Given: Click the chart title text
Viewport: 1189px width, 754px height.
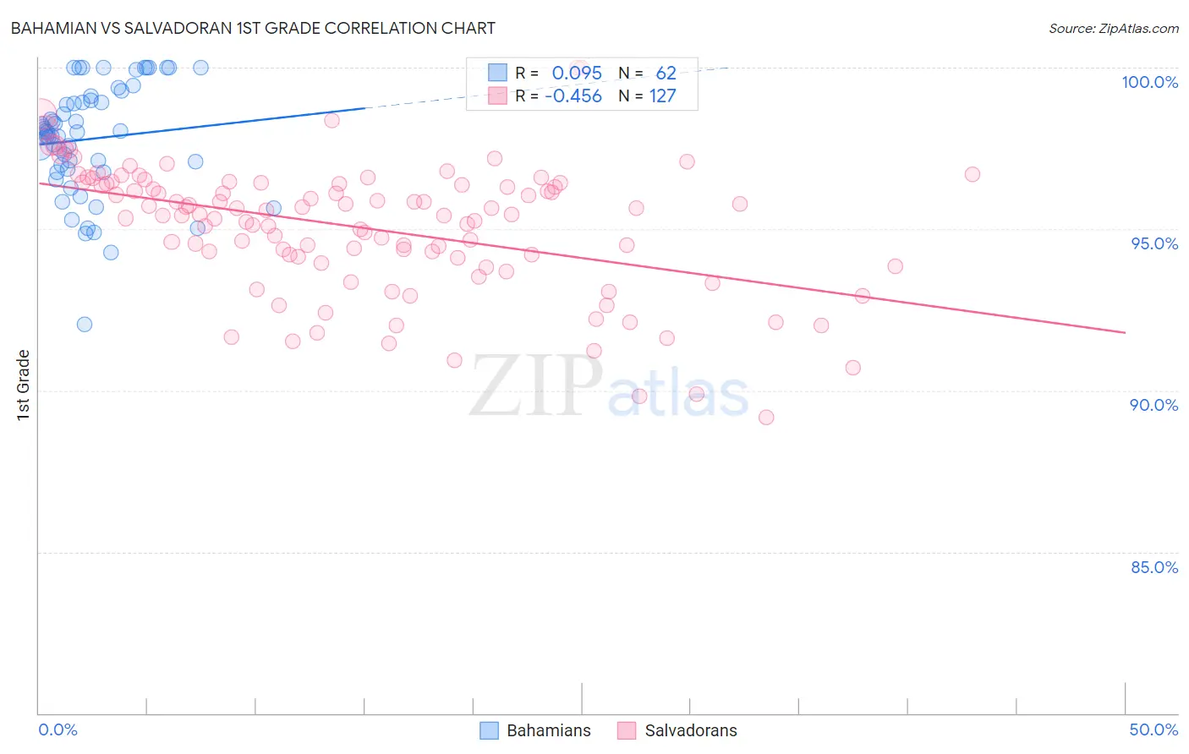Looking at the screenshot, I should [x=253, y=28].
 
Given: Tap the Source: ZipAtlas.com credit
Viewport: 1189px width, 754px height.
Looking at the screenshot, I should [x=1113, y=29].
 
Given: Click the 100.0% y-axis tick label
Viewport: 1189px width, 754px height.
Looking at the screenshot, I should [x=1149, y=82].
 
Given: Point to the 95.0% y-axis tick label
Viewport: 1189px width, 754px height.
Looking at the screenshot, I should [x=1154, y=243].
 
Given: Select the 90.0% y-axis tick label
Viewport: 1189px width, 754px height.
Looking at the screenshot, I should [x=1153, y=405].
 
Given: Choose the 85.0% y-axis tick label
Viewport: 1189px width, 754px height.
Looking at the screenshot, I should [x=1154, y=567].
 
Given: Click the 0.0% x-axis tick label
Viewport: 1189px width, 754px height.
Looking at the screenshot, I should [x=58, y=729].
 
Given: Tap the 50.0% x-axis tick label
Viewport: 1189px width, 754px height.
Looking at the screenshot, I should [x=1153, y=729].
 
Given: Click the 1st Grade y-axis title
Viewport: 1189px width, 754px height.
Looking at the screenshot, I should [x=24, y=385].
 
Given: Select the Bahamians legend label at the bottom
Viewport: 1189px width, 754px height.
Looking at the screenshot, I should [x=548, y=730].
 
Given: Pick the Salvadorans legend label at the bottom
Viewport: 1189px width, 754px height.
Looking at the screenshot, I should [x=690, y=730].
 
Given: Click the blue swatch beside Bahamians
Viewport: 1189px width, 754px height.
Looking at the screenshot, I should [x=489, y=730].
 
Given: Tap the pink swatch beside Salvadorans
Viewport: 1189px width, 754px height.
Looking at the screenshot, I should [x=627, y=730].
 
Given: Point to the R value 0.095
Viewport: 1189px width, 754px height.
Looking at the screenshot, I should [x=577, y=74].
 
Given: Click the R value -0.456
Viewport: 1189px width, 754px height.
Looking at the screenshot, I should [x=573, y=96].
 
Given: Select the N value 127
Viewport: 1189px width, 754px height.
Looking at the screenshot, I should [x=662, y=96].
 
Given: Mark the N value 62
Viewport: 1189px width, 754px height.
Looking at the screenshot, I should [x=666, y=74].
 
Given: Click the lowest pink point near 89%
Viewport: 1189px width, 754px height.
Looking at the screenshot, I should [x=766, y=417].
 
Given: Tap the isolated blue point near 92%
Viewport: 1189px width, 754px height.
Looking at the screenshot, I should [x=84, y=324].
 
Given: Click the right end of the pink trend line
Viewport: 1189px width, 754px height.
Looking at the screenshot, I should [x=1125, y=333].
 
